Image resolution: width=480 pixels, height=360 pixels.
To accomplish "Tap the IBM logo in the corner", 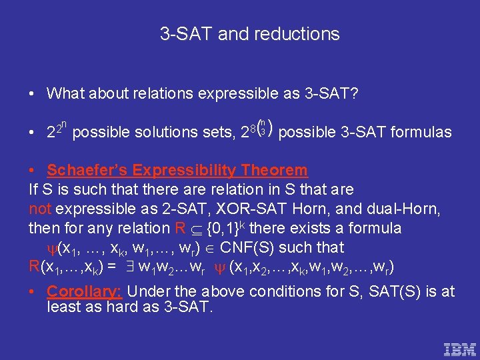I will tap(460, 349).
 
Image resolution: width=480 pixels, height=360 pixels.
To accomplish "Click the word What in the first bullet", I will tap(67, 93).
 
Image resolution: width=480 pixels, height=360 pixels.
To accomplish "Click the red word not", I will tap(40, 209).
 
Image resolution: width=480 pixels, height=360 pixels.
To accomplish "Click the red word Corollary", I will tap(83, 291).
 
